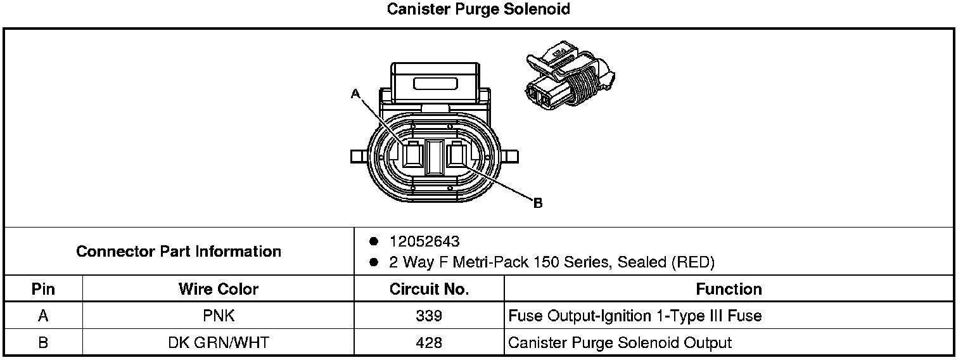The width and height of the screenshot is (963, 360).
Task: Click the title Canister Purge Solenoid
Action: tap(479, 10)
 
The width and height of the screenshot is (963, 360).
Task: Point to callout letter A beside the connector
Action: tap(355, 94)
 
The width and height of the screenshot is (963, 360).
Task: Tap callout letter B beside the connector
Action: tap(538, 203)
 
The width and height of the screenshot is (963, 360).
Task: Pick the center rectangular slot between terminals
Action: tap(435, 157)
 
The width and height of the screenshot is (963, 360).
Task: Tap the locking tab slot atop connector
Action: tap(435, 83)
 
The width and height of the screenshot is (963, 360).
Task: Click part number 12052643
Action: tap(424, 241)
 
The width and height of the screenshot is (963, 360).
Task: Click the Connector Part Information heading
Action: tap(179, 252)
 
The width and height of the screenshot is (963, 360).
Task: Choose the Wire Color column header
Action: tap(219, 290)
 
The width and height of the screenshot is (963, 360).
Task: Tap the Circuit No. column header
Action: tap(429, 290)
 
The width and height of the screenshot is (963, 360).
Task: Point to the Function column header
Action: tap(729, 290)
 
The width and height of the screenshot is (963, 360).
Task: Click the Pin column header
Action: tap(43, 290)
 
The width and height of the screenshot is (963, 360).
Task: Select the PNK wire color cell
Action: tap(219, 316)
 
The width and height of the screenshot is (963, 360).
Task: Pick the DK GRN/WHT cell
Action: tap(219, 343)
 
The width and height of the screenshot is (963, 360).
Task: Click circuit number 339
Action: tap(429, 316)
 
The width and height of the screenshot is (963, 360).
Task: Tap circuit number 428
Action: tap(429, 343)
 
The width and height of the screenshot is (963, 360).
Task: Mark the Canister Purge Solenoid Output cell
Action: tap(620, 343)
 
